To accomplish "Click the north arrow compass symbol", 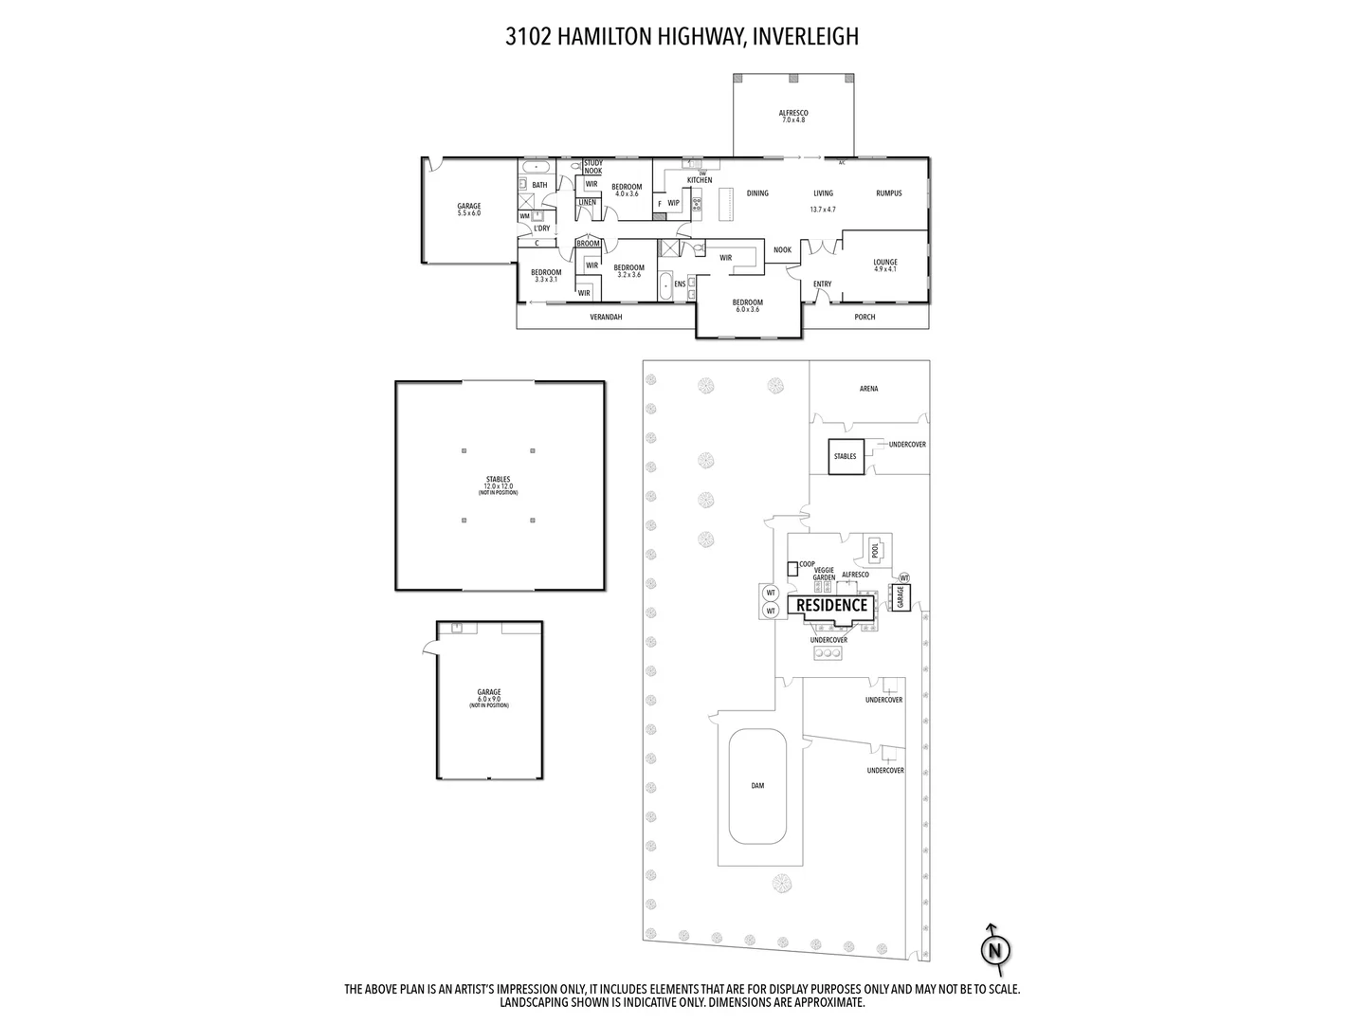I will pos(994,949).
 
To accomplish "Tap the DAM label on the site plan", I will pos(757,785).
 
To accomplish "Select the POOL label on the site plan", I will pos(875,550).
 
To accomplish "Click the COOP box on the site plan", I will pos(792,568).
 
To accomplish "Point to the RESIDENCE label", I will pos(831,605).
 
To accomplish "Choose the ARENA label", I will pos(868,389).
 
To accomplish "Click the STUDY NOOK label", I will pos(592,167).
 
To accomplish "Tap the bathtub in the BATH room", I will pos(536,167).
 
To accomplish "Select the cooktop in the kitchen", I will pos(697,202).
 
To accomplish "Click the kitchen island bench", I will pos(727,202).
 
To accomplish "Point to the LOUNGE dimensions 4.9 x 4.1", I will pos(885,269).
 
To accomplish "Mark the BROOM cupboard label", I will pos(588,244).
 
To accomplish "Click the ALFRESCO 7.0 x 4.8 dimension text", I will pos(793,120).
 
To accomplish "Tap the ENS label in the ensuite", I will pos(680,283).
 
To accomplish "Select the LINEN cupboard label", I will pos(587,202).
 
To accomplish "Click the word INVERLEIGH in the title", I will pos(806,37).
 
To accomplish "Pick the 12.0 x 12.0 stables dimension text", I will pos(498,486).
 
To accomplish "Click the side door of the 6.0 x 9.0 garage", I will pos(429,647).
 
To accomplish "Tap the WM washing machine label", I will pos(524,216).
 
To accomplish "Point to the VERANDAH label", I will pos(606,317).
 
